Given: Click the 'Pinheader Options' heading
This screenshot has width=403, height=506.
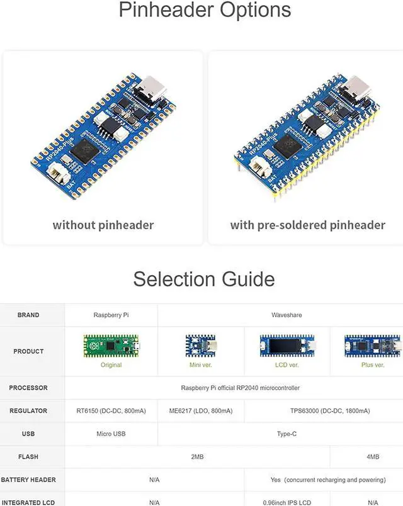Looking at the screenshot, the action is pyautogui.click(x=205, y=11).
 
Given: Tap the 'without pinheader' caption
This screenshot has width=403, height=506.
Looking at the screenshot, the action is pyautogui.click(x=103, y=225).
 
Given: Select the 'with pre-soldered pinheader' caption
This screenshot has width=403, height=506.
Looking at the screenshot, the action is pyautogui.click(x=307, y=225).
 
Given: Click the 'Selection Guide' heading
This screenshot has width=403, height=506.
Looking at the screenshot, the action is pyautogui.click(x=204, y=279).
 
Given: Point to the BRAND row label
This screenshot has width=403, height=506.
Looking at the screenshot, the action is pyautogui.click(x=28, y=315).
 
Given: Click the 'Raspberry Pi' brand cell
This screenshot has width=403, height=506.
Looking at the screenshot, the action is pyautogui.click(x=111, y=315).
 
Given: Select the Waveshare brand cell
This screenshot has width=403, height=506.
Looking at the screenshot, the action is pyautogui.click(x=287, y=315).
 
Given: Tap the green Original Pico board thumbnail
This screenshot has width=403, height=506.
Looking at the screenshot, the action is pyautogui.click(x=111, y=345).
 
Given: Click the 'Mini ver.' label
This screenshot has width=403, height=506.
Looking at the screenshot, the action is pyautogui.click(x=200, y=365).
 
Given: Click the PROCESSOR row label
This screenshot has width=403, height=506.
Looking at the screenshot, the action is pyautogui.click(x=28, y=388).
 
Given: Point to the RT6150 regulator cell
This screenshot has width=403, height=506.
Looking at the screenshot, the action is pyautogui.click(x=111, y=411).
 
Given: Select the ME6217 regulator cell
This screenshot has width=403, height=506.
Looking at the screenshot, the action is pyautogui.click(x=200, y=411).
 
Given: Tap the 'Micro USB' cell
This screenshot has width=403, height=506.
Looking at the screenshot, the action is pyautogui.click(x=111, y=434).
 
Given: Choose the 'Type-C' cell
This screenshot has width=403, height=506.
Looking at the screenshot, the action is pyautogui.click(x=287, y=434).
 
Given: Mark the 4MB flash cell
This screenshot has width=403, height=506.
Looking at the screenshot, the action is pyautogui.click(x=373, y=457).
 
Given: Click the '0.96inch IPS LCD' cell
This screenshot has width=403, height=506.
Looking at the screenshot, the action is pyautogui.click(x=287, y=502).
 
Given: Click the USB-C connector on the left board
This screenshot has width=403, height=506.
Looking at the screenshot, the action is pyautogui.click(x=153, y=87).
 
